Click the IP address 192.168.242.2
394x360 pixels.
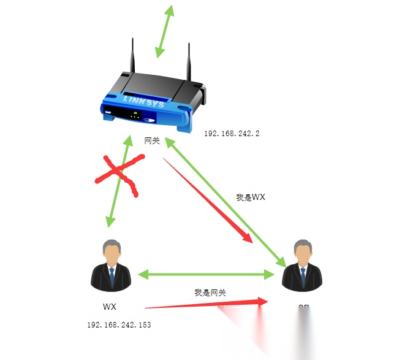point(232,132)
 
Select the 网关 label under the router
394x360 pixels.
point(152,140)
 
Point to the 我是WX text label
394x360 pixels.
point(251,197)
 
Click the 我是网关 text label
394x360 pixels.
point(210,293)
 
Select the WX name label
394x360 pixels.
point(110,306)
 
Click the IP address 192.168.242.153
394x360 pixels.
point(119,324)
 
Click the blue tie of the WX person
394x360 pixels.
point(112,276)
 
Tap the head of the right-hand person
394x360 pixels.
point(302,250)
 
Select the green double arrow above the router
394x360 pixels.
point(164,32)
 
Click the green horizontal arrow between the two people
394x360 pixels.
point(205,275)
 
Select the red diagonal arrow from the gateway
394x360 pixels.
point(208,200)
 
